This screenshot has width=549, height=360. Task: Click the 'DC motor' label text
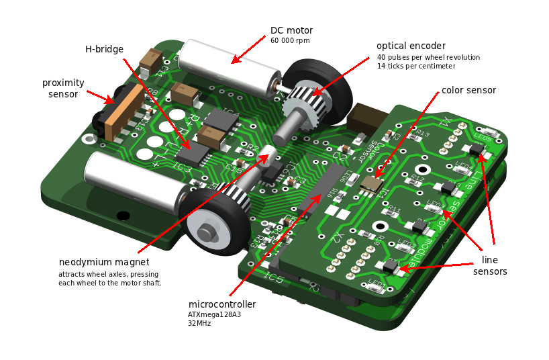(291, 30)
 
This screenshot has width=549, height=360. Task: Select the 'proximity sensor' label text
(63, 88)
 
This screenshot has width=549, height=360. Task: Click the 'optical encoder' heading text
(411, 46)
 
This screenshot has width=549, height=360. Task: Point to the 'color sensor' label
(468, 90)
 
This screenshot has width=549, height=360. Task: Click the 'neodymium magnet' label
(104, 262)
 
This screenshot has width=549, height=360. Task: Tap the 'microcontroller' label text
(221, 304)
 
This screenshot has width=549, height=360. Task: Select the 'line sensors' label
(490, 265)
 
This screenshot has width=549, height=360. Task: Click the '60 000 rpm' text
(290, 41)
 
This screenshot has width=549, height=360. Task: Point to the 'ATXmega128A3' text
(215, 314)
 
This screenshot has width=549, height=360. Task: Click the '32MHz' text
(199, 323)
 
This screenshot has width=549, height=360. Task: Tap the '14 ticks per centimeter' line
(416, 66)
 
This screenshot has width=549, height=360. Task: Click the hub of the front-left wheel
(207, 232)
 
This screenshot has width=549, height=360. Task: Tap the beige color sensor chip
(371, 183)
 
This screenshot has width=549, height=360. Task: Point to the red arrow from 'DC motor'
(248, 50)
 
